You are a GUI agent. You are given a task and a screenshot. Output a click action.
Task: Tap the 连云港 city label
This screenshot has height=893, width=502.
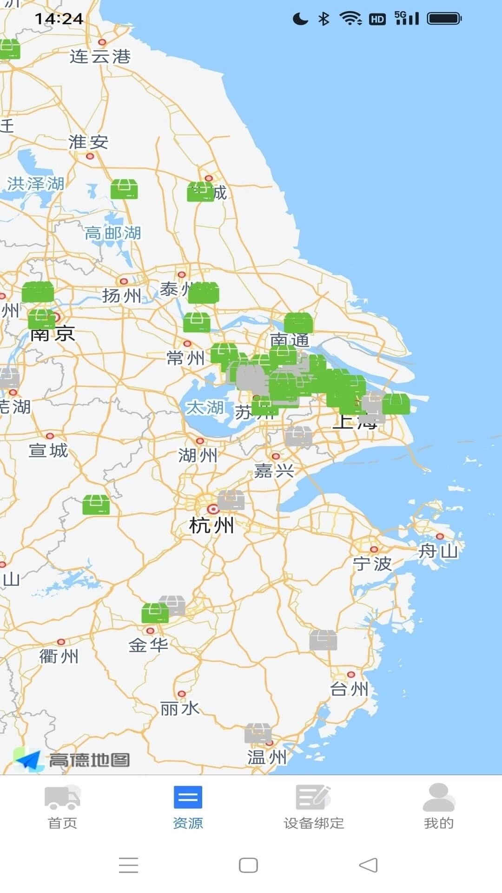click(100, 57)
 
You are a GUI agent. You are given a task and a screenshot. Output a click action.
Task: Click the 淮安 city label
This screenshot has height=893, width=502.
click(88, 142)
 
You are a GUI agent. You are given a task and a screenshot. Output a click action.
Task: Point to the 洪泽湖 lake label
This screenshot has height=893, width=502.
click(35, 184)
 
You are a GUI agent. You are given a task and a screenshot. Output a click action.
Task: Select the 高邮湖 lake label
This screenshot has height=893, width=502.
click(112, 233)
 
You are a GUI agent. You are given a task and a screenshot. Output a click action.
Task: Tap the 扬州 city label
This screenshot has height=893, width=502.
click(121, 295)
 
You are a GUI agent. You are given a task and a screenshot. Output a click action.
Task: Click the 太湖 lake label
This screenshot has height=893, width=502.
click(205, 408)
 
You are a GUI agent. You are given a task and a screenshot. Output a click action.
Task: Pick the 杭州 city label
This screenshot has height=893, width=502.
click(211, 526)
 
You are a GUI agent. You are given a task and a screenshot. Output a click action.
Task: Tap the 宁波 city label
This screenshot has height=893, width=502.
click(372, 564)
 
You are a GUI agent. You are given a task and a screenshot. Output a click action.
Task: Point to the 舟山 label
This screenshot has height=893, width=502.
click(438, 552)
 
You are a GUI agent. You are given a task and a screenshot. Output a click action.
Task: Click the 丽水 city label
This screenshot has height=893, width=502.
click(179, 709)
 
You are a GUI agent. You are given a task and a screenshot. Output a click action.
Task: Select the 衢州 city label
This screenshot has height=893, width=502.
click(59, 656)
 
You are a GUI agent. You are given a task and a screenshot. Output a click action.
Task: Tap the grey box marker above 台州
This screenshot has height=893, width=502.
click(323, 640)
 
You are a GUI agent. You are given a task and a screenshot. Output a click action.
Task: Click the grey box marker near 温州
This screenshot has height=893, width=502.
click(258, 733)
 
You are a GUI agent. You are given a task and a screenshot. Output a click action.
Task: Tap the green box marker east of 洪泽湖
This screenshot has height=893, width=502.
click(124, 189)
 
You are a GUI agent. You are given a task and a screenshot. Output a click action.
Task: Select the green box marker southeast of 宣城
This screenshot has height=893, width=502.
click(96, 505)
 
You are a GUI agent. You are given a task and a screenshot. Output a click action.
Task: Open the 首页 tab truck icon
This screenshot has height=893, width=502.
click(62, 797)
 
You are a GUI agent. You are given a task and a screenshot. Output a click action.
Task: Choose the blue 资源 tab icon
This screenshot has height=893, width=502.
click(188, 797)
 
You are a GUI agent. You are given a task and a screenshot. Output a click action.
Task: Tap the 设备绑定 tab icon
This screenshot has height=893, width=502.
click(313, 797)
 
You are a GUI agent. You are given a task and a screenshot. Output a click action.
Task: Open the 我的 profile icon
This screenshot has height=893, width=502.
click(438, 797)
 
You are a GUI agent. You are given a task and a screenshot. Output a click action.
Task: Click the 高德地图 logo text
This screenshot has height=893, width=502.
click(89, 760)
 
